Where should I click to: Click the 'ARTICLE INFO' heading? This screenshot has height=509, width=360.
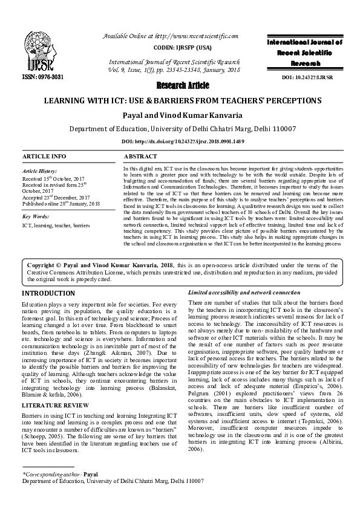point(44,157)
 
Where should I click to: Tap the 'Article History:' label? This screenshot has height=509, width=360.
point(40,172)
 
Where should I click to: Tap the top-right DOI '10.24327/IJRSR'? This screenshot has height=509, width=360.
point(313,77)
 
